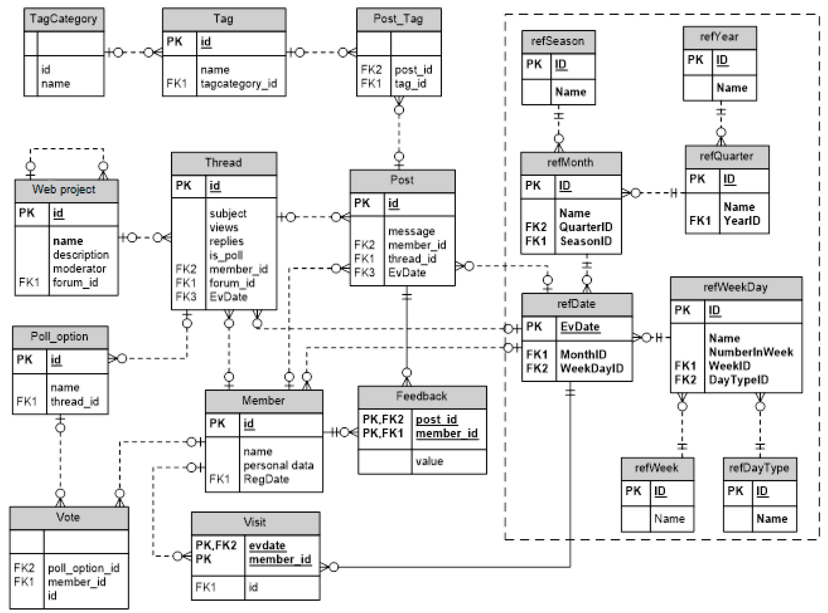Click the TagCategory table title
tap(64, 19)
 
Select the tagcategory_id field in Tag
tap(239, 83)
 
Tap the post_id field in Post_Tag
tap(413, 69)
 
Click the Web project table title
tap(64, 190)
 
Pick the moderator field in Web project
tap(80, 268)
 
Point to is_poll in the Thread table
tap(226, 255)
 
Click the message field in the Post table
tap(411, 231)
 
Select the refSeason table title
tap(558, 41)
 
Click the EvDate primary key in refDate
tap(580, 326)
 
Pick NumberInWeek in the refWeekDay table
tap(751, 352)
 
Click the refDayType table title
tap(759, 468)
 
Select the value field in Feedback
tap(429, 461)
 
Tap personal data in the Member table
tap(278, 465)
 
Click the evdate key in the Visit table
tap(267, 545)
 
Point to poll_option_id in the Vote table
tap(83, 568)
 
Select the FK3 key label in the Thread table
tap(185, 297)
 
